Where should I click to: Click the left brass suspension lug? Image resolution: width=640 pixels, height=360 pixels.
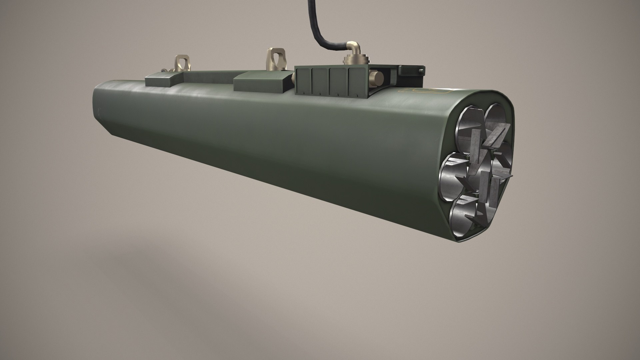point(182,64)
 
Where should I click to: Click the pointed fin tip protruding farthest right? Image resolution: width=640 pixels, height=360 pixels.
point(510,175)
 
